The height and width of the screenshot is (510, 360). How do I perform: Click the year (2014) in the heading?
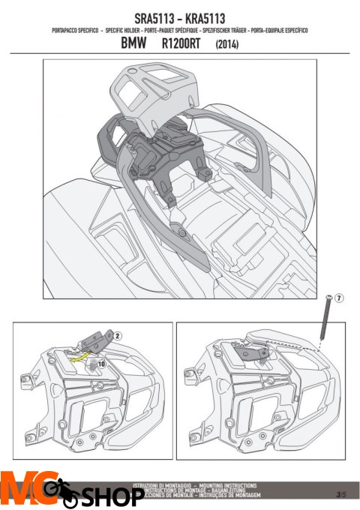(x=229, y=45)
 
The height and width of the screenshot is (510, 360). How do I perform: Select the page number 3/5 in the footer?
(x=341, y=494)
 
